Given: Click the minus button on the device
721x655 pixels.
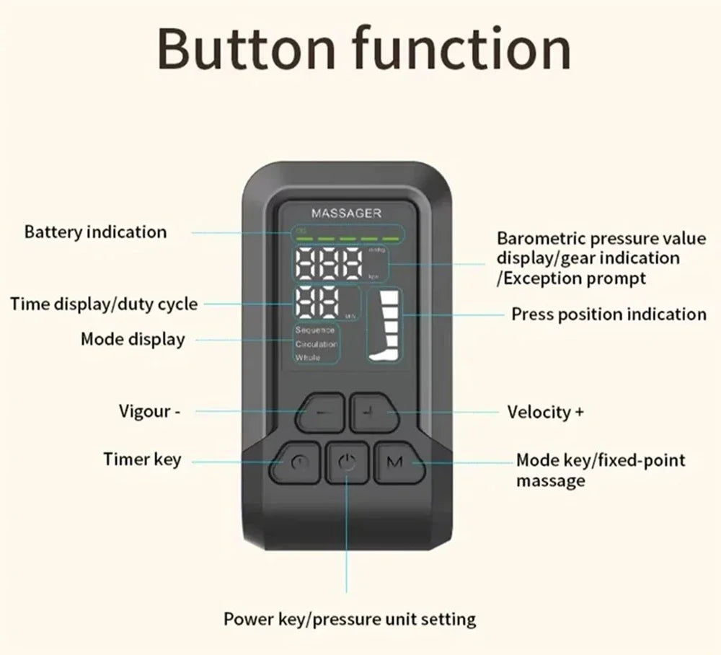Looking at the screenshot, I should pyautogui.click(x=320, y=413).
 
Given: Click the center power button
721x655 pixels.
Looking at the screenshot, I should pyautogui.click(x=347, y=463).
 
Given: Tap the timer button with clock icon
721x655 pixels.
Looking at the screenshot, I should pyautogui.click(x=294, y=463).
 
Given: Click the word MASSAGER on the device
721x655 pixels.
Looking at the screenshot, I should pyautogui.click(x=346, y=214).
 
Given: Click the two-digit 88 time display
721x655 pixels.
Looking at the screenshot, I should pyautogui.click(x=317, y=303).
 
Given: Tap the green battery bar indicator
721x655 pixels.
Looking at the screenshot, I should pyautogui.click(x=347, y=234).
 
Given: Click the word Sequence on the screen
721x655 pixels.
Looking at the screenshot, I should pyautogui.click(x=315, y=330).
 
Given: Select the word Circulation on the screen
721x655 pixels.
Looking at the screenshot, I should pyautogui.click(x=317, y=344).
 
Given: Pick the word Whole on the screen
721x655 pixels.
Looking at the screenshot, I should pyautogui.click(x=307, y=358).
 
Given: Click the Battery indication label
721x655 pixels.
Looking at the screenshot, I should pyautogui.click(x=95, y=232).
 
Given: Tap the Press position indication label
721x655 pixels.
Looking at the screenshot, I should pyautogui.click(x=609, y=315).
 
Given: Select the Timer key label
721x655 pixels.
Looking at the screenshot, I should pyautogui.click(x=142, y=460).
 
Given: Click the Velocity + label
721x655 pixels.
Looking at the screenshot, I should pyautogui.click(x=546, y=412).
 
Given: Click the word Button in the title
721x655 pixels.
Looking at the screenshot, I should pyautogui.click(x=249, y=49).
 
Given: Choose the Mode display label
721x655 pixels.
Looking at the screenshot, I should pyautogui.click(x=133, y=338).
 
